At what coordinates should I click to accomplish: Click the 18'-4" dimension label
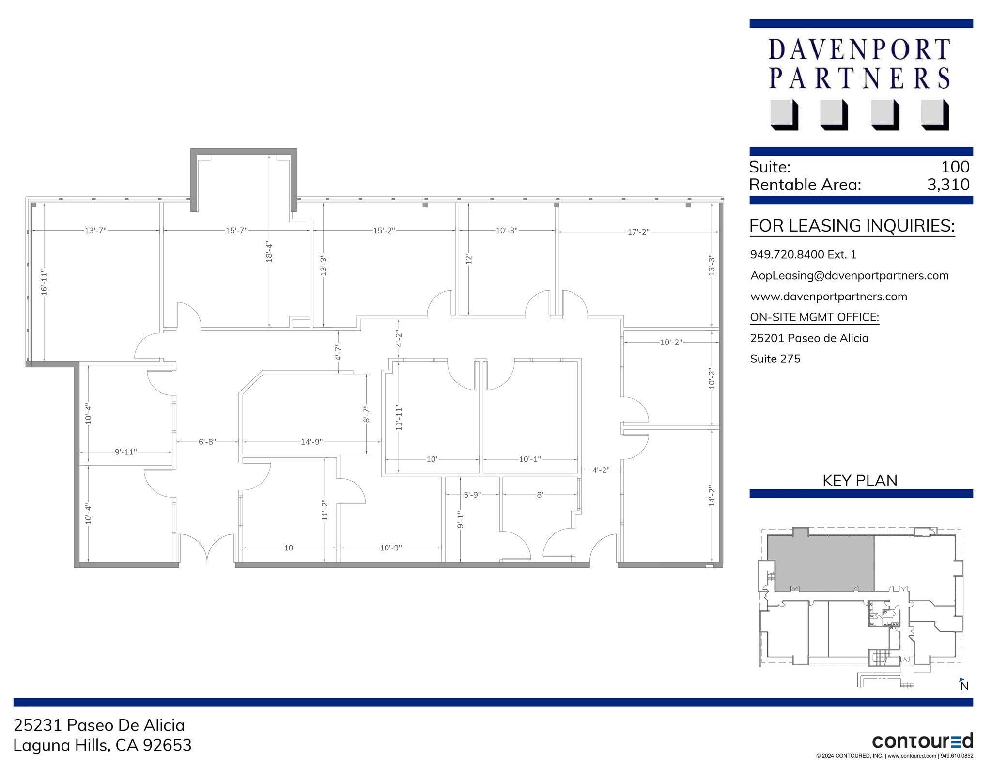(x=269, y=251)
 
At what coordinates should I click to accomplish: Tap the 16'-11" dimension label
(x=45, y=283)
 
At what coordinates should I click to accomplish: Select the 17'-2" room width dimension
(x=638, y=232)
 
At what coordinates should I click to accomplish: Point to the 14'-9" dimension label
(x=311, y=442)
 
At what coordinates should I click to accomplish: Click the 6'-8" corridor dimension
(x=207, y=442)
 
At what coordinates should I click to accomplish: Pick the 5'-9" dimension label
(x=472, y=495)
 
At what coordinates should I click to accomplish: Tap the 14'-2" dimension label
(x=712, y=496)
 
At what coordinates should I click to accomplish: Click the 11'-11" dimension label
(x=399, y=418)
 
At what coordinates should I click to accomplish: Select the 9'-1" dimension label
(x=460, y=520)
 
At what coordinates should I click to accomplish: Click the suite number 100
(x=955, y=167)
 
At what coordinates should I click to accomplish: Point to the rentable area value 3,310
(x=948, y=185)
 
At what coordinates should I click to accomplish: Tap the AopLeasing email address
(x=849, y=275)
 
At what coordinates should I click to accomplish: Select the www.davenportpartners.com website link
(x=828, y=297)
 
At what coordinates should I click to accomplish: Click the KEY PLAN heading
(x=860, y=480)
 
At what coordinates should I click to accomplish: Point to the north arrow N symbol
(x=964, y=685)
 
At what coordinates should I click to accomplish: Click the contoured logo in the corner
(x=922, y=741)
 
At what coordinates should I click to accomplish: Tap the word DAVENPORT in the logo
(x=859, y=50)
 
